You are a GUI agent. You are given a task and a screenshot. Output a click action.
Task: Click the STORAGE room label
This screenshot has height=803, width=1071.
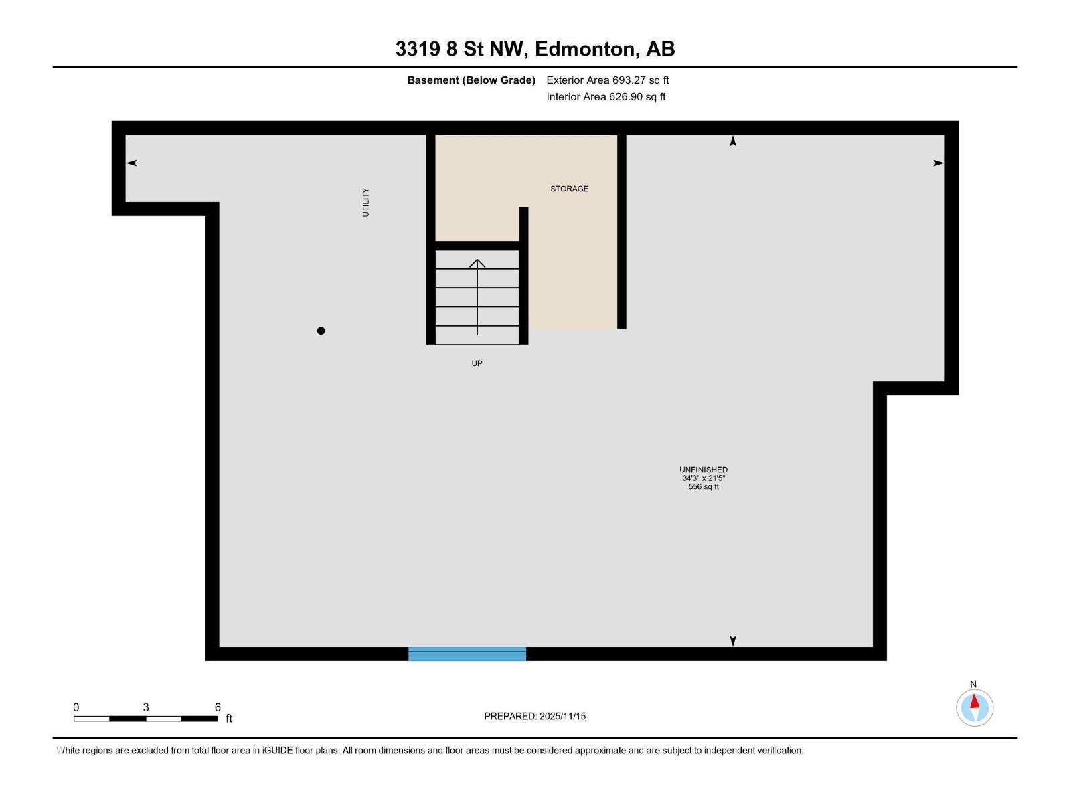(x=569, y=189)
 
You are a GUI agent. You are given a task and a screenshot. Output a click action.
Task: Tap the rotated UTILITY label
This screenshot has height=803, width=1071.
(x=365, y=202)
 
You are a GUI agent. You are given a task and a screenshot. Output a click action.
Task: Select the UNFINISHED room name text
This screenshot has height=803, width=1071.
(x=704, y=470)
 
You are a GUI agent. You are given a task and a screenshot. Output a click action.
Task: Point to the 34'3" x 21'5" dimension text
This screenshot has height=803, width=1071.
(x=704, y=478)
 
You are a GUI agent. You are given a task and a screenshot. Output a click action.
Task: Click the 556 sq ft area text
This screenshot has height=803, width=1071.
(x=704, y=487)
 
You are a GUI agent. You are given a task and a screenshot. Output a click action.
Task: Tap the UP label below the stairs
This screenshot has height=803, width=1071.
(x=477, y=363)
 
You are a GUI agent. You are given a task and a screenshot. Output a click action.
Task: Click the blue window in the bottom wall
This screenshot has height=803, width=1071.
(x=467, y=654)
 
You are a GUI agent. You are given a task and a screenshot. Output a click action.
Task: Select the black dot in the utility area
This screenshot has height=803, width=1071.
(x=321, y=331)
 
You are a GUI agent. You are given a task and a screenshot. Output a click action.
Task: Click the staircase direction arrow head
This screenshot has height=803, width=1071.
(x=477, y=263)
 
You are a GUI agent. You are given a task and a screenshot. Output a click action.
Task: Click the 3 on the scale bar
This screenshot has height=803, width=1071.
(x=146, y=707)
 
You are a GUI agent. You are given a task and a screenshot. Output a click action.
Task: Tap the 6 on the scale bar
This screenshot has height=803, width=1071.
(x=218, y=707)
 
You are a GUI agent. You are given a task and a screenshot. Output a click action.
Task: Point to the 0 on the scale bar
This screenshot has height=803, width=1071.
(x=76, y=707)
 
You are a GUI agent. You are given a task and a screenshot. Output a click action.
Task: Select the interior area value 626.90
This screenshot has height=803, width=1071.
(x=626, y=97)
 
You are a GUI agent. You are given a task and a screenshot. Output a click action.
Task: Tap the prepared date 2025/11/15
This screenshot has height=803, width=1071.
(x=562, y=716)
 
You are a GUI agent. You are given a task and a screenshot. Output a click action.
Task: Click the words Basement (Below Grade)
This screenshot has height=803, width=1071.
(x=471, y=80)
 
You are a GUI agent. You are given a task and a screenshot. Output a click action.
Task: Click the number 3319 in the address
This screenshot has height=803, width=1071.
(x=418, y=49)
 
